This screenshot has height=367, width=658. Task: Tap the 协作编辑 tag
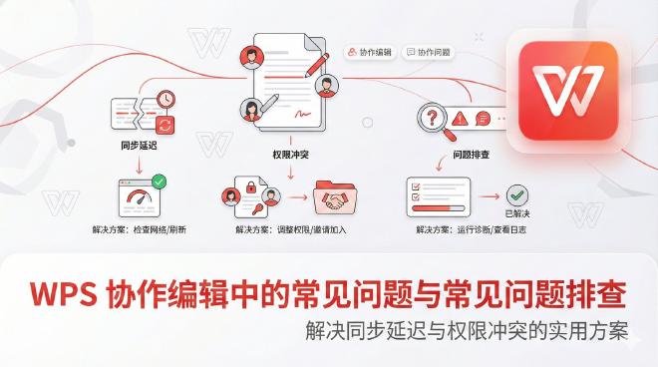pyautogui.click(x=371, y=52)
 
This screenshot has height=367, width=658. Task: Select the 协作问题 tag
pyautogui.click(x=429, y=52)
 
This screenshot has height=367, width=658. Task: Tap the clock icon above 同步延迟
pyautogui.click(x=164, y=100)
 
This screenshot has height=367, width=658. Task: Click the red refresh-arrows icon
pyautogui.click(x=164, y=124)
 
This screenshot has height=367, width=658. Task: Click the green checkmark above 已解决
pyautogui.click(x=517, y=194)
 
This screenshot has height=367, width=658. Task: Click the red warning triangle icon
pyautogui.click(x=460, y=118)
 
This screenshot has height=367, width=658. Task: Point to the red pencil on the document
pyautogui.click(x=317, y=65)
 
